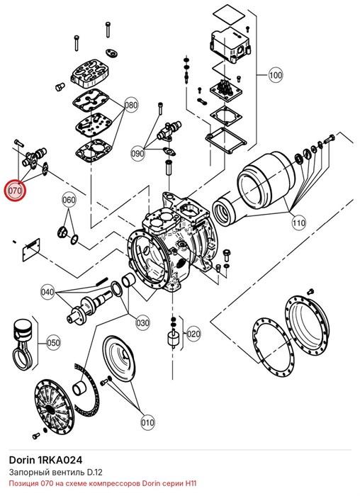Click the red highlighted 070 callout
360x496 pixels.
pyautogui.click(x=14, y=191)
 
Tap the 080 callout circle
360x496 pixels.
pyautogui.click(x=130, y=105)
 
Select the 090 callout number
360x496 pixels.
pyautogui.click(x=137, y=154)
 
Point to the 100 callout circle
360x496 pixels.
pyautogui.click(x=276, y=75)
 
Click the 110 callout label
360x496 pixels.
pyautogui.click(x=298, y=223)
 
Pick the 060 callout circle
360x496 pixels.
pyautogui.click(x=69, y=200)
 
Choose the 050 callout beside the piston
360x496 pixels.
pyautogui.click(x=53, y=343)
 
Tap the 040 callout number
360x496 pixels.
pyautogui.click(x=47, y=292)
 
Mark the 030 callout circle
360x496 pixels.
pyautogui.click(x=142, y=323)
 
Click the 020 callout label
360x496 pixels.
pyautogui.click(x=193, y=334)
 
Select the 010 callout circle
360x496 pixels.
pyautogui.click(x=147, y=422)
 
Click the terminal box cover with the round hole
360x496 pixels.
pyautogui.click(x=230, y=44)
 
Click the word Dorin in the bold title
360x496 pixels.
pyautogui.click(x=21, y=460)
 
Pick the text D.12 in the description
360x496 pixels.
pyautogui.click(x=95, y=473)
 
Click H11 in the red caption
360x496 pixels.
pyautogui.click(x=191, y=484)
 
